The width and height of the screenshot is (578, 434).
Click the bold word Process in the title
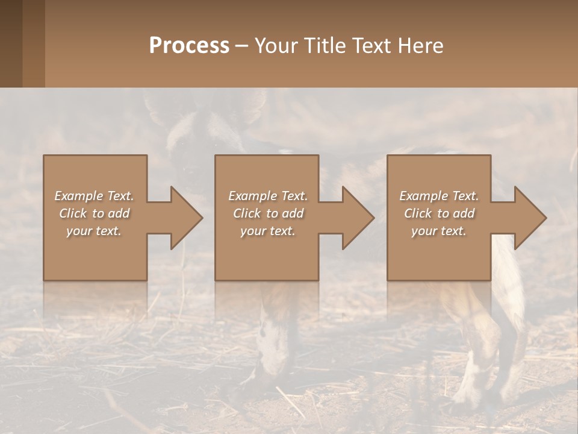(189, 45)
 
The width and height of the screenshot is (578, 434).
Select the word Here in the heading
(421, 45)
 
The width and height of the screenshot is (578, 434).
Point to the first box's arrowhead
(185, 218)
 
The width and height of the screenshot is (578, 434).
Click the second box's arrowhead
(358, 218)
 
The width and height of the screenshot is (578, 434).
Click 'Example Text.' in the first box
(95, 196)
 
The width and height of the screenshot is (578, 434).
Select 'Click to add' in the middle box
(268, 213)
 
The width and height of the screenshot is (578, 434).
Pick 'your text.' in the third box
(439, 231)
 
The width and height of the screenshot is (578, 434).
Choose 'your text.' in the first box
(95, 231)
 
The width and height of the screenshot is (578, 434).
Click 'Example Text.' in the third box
(439, 196)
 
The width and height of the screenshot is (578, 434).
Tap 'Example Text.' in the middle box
(268, 196)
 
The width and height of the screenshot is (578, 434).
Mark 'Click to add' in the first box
(95, 213)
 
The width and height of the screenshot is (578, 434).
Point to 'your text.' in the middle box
(268, 231)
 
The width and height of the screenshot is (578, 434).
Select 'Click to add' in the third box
(439, 213)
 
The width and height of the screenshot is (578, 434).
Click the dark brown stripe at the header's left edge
(11, 43)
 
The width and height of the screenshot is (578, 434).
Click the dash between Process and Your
(242, 46)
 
